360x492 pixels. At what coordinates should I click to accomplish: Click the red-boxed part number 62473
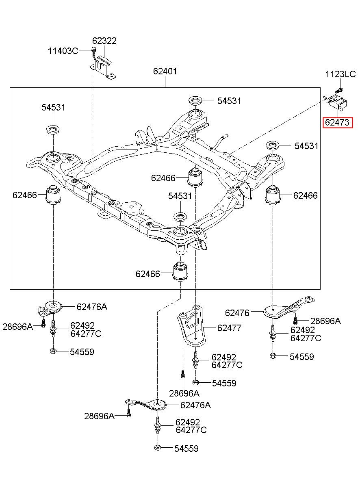337,122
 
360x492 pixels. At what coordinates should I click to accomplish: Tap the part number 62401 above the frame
165,71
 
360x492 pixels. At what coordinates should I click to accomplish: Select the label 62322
104,41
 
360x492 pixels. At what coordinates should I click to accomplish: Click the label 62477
229,328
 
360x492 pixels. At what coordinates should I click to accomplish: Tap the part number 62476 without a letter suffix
237,313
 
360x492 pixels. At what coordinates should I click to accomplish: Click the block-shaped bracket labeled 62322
104,67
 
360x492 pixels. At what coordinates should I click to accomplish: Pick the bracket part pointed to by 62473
335,103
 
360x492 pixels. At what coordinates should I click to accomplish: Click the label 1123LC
340,74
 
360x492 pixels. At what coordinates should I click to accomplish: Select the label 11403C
63,51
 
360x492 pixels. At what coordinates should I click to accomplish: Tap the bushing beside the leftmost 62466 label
54,194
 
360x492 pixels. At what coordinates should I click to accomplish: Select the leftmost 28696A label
17,327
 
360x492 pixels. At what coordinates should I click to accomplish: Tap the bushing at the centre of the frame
196,177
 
